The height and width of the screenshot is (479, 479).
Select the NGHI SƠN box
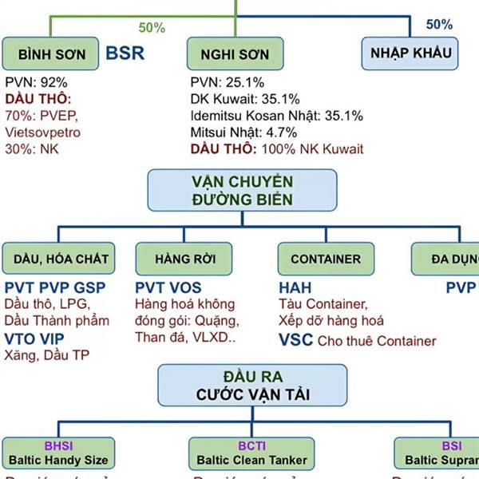click(x=236, y=54)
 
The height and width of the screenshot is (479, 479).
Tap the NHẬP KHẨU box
click(x=411, y=53)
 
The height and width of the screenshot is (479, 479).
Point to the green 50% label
click(x=152, y=28)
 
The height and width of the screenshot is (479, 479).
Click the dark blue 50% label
click(x=439, y=25)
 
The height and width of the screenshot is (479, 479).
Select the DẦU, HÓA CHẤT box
click(x=61, y=259)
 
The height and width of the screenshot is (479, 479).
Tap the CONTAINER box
click(x=325, y=259)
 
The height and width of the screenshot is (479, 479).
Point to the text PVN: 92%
click(x=36, y=82)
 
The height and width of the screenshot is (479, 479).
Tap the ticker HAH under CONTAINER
click(x=295, y=287)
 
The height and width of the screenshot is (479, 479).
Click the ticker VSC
click(x=295, y=340)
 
